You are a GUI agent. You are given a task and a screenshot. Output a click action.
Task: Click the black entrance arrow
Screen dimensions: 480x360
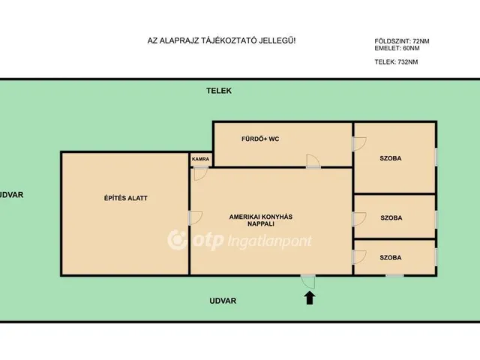point(310,298)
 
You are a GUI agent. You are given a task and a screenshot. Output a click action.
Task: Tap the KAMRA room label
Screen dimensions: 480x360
point(200,159)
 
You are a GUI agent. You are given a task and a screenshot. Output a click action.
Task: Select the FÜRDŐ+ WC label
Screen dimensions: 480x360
point(260,139)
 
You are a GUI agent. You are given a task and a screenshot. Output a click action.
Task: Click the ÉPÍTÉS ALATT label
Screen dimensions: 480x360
point(126,198)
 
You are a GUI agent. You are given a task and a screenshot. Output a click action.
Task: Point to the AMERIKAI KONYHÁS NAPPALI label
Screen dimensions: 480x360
point(261,220)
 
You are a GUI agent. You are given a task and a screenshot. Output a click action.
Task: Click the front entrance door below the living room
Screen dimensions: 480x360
point(308,282)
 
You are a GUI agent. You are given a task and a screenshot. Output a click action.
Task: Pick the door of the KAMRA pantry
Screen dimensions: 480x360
point(200,173)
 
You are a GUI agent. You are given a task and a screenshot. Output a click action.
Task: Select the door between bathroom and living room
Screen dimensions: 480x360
point(313,161)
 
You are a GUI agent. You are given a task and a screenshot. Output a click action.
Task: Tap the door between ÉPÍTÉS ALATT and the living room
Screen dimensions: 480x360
point(195,218)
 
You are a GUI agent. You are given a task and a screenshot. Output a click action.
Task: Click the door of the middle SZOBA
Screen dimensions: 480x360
point(359,219)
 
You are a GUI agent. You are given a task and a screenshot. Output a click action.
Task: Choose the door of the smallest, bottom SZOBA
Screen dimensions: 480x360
point(359,257)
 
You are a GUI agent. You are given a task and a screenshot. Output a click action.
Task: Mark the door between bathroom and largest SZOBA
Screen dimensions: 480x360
point(359,144)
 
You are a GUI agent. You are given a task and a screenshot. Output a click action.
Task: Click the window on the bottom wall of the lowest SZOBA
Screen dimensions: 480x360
point(394,276)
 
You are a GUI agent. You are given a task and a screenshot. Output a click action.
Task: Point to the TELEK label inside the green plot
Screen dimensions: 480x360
point(219,91)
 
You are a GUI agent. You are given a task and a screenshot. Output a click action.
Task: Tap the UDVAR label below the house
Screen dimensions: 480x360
point(223,301)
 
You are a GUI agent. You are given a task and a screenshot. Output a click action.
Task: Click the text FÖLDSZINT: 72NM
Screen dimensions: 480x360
point(402,41)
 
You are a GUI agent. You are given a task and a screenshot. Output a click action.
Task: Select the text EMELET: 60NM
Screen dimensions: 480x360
point(397,48)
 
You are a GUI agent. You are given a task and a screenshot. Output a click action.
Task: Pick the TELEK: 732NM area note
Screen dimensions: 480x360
point(396,61)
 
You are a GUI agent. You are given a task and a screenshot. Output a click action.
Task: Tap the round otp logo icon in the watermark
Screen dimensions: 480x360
point(177,240)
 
